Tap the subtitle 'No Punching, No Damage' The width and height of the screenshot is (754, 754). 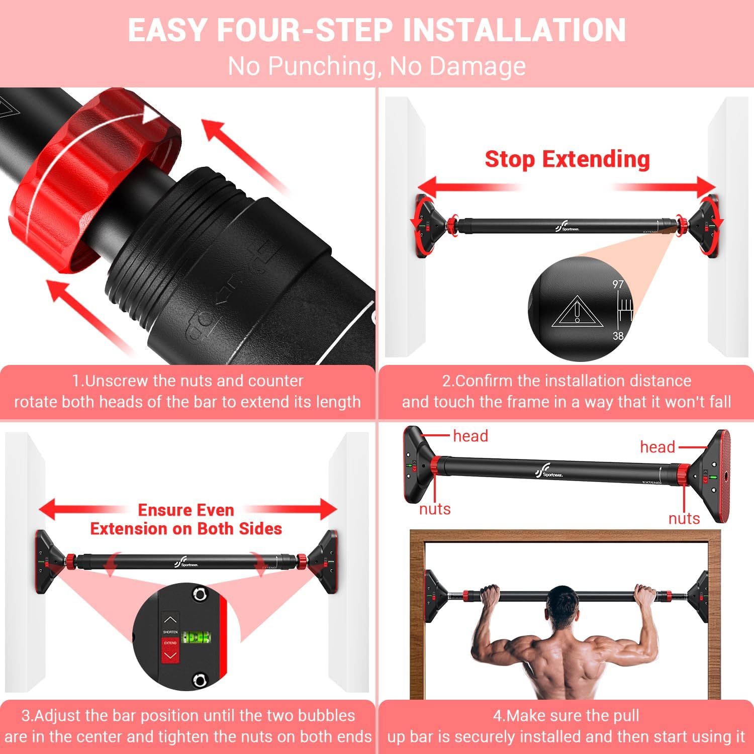click(376, 66)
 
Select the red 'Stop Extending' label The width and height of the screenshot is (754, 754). click(567, 159)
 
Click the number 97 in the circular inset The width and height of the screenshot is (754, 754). click(618, 285)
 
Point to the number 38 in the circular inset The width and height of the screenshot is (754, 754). click(618, 336)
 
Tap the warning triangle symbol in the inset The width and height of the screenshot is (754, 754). click(577, 312)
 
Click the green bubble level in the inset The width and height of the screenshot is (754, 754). click(196, 638)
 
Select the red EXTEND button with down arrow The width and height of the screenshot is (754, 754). click(170, 651)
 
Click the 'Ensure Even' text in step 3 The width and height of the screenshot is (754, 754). click(186, 510)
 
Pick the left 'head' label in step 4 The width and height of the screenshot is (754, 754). click(470, 436)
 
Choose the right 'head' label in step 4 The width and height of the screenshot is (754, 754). click(657, 447)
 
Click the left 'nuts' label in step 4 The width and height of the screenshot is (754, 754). click(435, 509)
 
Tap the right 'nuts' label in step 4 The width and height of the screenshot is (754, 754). click(684, 518)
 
